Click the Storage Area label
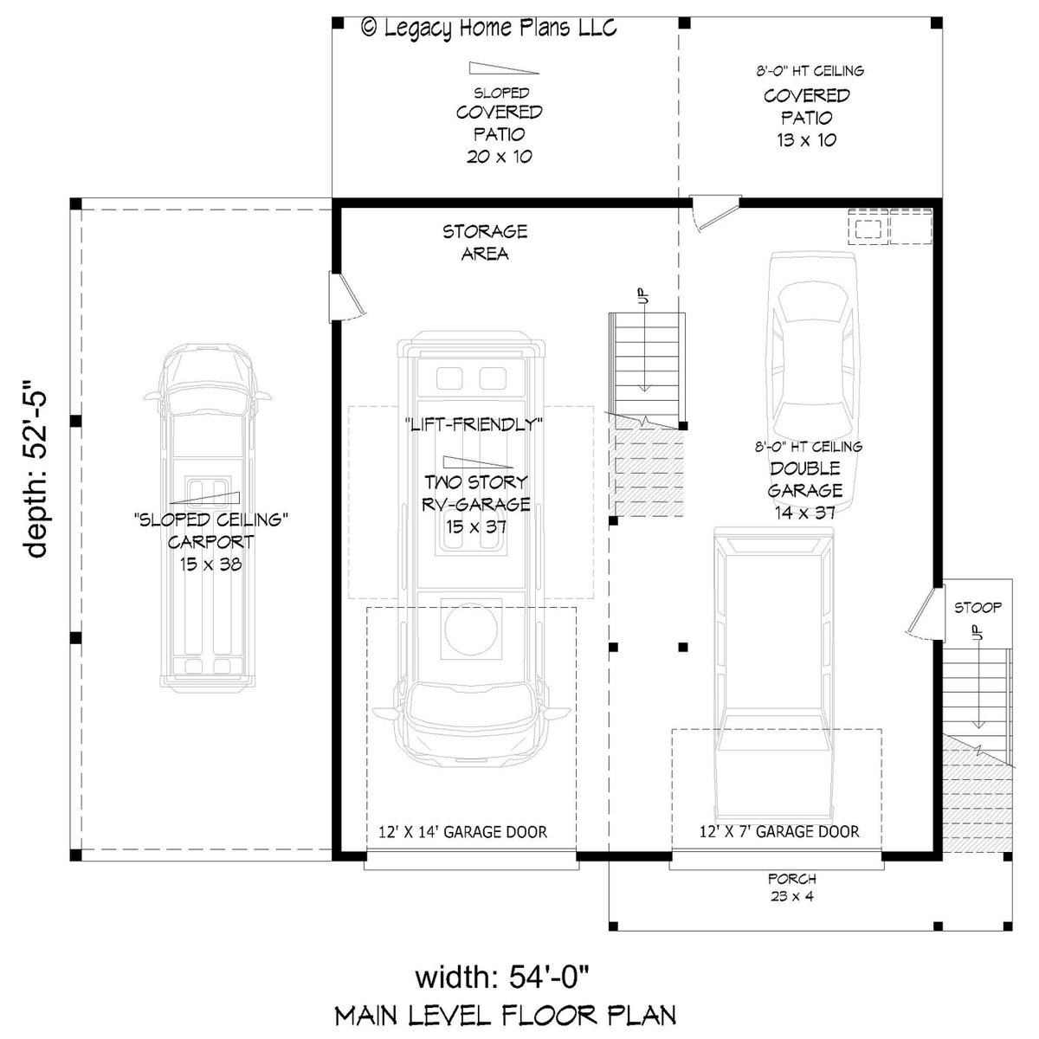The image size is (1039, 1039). (x=485, y=242)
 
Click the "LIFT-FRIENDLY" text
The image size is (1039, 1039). (x=473, y=424)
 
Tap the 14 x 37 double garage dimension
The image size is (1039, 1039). (x=805, y=513)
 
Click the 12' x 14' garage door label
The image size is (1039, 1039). (x=463, y=833)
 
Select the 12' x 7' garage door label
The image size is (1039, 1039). (x=779, y=833)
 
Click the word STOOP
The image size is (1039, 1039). (x=978, y=608)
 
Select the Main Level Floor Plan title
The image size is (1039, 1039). (x=507, y=1015)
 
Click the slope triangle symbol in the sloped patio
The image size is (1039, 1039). (x=504, y=68)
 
